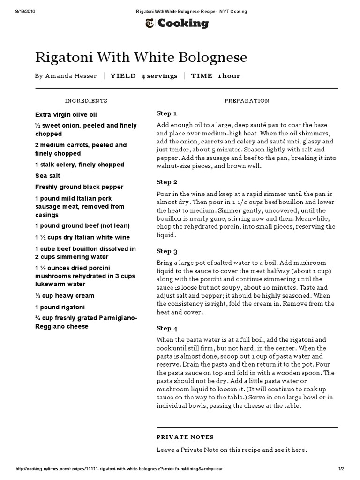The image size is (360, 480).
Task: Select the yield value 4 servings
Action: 159,76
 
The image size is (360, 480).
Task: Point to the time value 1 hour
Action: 229,76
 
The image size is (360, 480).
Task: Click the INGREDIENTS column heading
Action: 86,101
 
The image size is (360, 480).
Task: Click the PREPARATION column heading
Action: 247,101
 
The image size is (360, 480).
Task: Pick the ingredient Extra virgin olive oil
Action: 66,114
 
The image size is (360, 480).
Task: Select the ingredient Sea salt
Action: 48,176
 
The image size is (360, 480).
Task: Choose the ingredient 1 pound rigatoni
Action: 60,307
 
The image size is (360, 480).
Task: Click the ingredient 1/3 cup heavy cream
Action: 65,296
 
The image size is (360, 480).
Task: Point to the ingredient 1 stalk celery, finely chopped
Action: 80,165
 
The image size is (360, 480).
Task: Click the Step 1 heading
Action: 166,113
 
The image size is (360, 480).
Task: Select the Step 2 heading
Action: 166,182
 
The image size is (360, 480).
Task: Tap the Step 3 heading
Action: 166,251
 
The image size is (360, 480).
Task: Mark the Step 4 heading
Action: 166,328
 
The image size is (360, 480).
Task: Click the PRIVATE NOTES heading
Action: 185,437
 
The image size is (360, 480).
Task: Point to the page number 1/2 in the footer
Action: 341,469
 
